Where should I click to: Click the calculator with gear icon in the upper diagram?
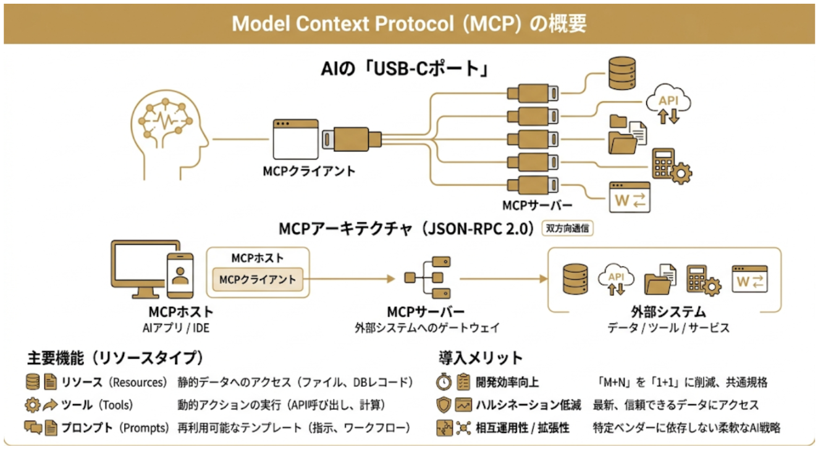[x=671, y=165]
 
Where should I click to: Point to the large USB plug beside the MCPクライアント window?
[x=351, y=139]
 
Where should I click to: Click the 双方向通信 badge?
[x=567, y=228]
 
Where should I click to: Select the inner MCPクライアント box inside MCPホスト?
[x=258, y=279]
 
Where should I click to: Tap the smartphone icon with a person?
[x=180, y=276]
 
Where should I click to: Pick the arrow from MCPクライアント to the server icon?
[x=352, y=279]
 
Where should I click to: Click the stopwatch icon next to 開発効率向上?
[x=444, y=383]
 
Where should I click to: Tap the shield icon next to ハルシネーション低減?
[x=444, y=406]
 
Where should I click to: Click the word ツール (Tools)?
[x=96, y=406]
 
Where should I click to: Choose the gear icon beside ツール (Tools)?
[x=33, y=406]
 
